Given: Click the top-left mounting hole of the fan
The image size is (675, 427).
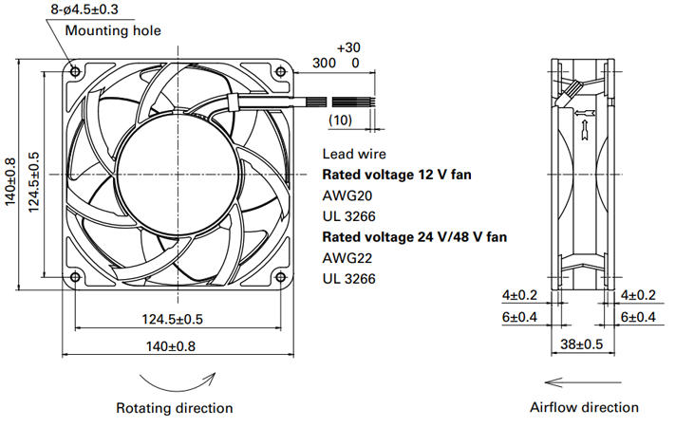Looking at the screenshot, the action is [x=75, y=71].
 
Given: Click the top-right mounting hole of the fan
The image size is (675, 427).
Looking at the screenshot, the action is [x=281, y=71].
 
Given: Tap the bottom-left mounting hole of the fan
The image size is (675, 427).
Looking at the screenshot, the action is [x=75, y=277].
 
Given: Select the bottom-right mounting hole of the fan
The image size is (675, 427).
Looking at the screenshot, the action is [x=281, y=277].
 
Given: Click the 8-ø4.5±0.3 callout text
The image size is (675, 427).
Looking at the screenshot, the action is [x=84, y=9].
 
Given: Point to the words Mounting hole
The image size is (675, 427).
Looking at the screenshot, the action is [x=113, y=30].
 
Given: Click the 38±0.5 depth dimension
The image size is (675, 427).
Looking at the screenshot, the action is [x=582, y=343].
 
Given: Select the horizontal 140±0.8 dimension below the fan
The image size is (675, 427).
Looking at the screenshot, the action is [x=171, y=346].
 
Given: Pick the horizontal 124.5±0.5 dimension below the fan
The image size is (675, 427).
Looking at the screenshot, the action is [x=172, y=319].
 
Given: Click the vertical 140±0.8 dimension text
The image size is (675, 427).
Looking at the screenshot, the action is [x=10, y=182].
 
